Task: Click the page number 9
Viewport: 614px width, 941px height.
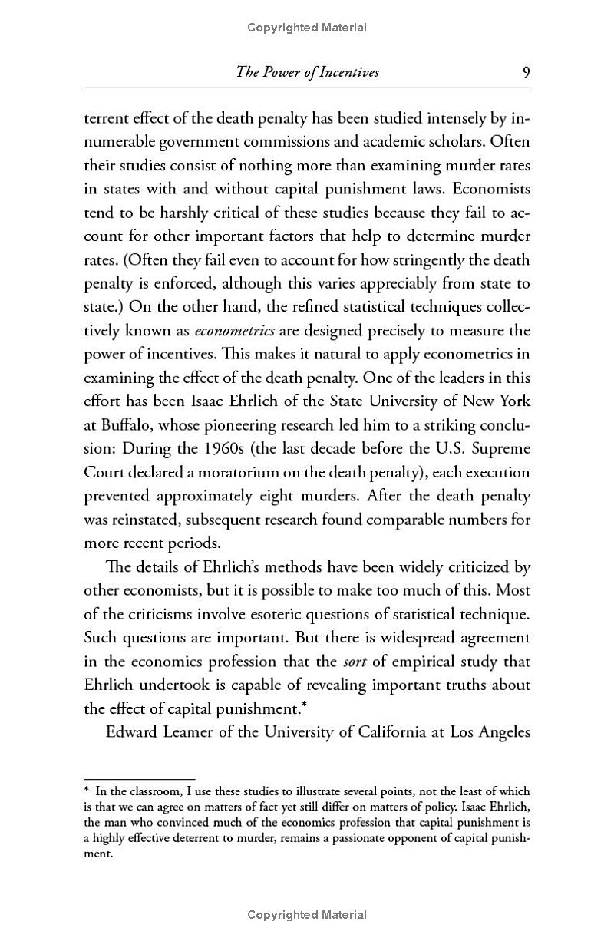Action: tap(526, 72)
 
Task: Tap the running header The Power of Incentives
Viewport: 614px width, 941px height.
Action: tap(308, 72)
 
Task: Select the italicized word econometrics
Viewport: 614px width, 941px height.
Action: tap(234, 331)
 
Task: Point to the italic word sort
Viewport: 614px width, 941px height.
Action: tap(355, 662)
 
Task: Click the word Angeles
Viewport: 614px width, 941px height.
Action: tap(501, 731)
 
